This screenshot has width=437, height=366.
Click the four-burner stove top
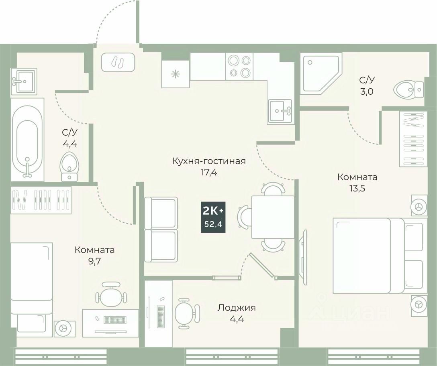coord(239,66)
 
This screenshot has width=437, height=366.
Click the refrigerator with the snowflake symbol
coord(175,74)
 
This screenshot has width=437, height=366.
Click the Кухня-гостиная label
coord(208,161)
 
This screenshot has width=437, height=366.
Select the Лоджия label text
coord(237,308)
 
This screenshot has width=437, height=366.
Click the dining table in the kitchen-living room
coord(273,217)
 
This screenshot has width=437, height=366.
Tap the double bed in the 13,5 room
coord(374,255)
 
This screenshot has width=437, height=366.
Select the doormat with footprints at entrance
coord(118,63)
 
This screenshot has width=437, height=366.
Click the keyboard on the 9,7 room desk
coord(114,320)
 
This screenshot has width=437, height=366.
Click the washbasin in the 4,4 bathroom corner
coord(24,81)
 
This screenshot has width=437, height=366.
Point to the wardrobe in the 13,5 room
coord(413,138)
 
